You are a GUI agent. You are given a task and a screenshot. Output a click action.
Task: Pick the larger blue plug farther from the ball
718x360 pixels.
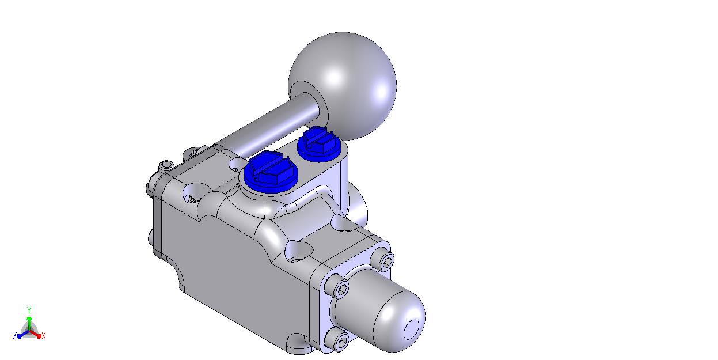coord(271,173)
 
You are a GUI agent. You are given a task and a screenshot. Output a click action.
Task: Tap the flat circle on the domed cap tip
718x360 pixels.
coord(411,329)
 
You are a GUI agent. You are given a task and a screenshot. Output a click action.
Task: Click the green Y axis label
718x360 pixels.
coord(29,310)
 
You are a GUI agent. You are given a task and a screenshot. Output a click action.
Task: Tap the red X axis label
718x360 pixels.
coord(44,336)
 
